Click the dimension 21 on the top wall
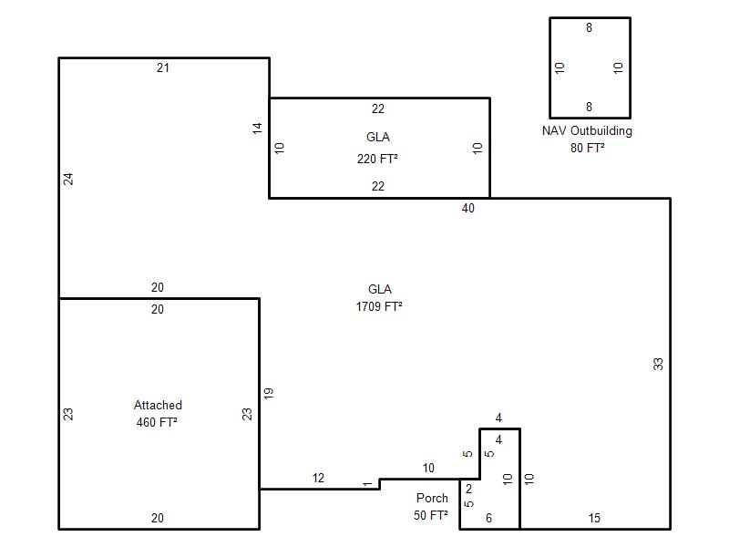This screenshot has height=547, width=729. pyautogui.click(x=163, y=67)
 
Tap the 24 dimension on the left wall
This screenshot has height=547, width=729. pyautogui.click(x=68, y=179)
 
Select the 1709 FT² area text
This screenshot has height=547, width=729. pyautogui.click(x=379, y=306)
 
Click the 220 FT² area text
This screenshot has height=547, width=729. pyautogui.click(x=377, y=159)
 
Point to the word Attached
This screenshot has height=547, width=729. pyautogui.click(x=158, y=405)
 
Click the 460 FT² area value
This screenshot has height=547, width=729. pyautogui.click(x=157, y=422)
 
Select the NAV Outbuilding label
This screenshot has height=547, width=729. pyautogui.click(x=587, y=131)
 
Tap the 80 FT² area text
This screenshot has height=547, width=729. pyautogui.click(x=588, y=148)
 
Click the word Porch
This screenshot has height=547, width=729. pyautogui.click(x=432, y=498)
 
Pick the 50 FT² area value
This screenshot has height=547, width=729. pyautogui.click(x=431, y=515)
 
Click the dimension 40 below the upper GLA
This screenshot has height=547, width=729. pyautogui.click(x=468, y=209)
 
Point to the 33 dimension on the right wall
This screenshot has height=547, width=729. pyautogui.click(x=658, y=364)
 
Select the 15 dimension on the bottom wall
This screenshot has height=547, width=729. pyautogui.click(x=594, y=518)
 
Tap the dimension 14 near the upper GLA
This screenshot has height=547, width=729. pyautogui.click(x=257, y=129)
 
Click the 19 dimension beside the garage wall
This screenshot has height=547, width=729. pyautogui.click(x=269, y=394)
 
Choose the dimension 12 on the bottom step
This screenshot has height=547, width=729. pyautogui.click(x=318, y=478)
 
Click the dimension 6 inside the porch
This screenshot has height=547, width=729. pyautogui.click(x=488, y=518)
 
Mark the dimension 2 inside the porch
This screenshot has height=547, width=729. pyautogui.click(x=468, y=489)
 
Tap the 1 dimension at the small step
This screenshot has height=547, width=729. pyautogui.click(x=367, y=485)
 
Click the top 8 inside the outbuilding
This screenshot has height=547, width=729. pyautogui.click(x=589, y=28)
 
